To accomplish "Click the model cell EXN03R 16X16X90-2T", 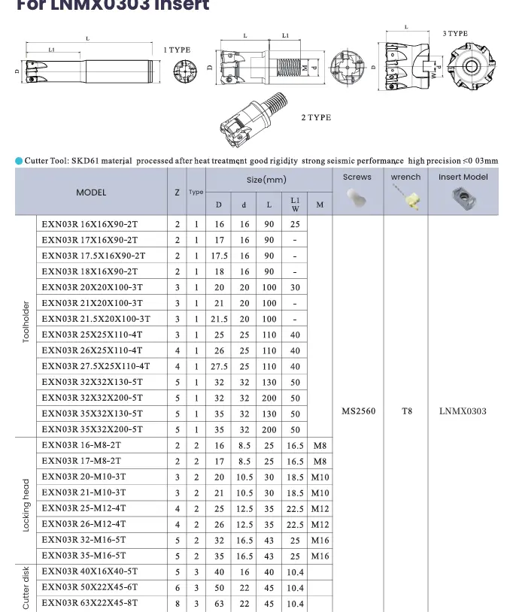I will [x=90, y=224].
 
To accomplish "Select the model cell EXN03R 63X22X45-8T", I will [x=90, y=603].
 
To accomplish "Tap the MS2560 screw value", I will [x=358, y=411].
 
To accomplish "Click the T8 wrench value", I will [x=406, y=411].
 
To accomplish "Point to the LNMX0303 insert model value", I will [x=463, y=411].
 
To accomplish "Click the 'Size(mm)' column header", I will [x=266, y=180].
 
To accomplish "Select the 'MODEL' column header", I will [x=91, y=192].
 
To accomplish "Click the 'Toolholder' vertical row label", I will [x=26, y=323].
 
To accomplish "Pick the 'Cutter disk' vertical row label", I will [x=26, y=588].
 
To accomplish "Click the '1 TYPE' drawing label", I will [x=177, y=50].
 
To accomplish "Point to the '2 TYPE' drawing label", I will [x=316, y=118].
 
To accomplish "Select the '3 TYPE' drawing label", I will [x=455, y=34].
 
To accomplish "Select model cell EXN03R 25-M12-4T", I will [x=84, y=508].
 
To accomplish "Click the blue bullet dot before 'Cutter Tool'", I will [x=19, y=160].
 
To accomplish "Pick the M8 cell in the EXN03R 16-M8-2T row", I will [x=320, y=446].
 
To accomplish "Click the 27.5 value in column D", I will [x=219, y=367].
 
